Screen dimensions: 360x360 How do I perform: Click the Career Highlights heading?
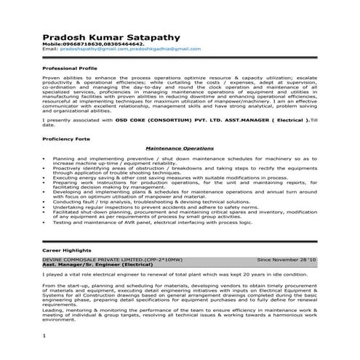tap(65, 249)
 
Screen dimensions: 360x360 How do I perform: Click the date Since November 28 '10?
tap(287, 259)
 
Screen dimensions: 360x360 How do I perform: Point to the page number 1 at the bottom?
tap(44, 335)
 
